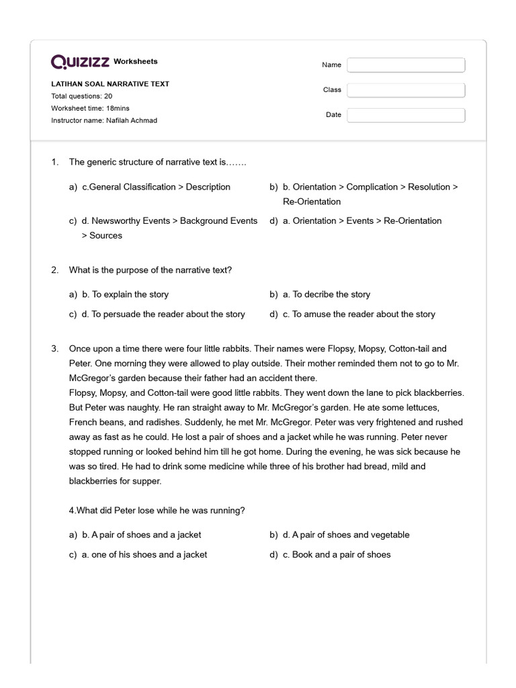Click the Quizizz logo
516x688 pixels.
(x=81, y=62)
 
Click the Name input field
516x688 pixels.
(x=406, y=65)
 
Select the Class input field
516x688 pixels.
(x=406, y=90)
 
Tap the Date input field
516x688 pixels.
(x=406, y=115)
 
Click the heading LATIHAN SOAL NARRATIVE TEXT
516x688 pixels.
(x=110, y=84)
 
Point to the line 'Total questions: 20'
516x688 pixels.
(x=81, y=96)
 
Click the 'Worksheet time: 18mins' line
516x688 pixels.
(x=90, y=108)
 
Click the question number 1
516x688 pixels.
(x=54, y=162)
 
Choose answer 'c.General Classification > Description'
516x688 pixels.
(x=156, y=187)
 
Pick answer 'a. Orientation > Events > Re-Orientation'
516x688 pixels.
(x=367, y=220)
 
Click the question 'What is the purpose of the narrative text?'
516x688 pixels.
(x=150, y=269)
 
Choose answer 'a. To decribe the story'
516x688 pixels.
(x=331, y=294)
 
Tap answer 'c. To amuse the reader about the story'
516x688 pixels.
(x=363, y=314)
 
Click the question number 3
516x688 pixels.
(x=54, y=349)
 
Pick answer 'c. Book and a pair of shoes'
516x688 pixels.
(x=341, y=554)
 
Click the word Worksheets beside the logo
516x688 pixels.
(x=136, y=61)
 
